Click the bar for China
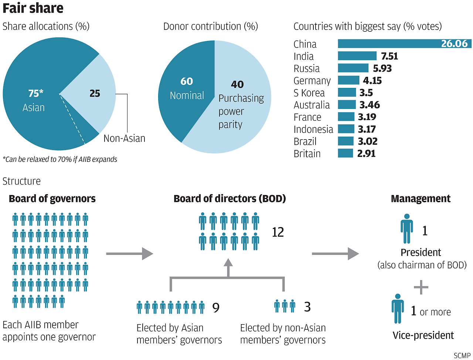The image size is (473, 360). [388, 44]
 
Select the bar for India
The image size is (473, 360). [357, 56]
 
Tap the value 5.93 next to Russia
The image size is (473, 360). [382, 68]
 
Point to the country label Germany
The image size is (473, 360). [312, 80]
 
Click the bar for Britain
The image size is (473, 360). [345, 153]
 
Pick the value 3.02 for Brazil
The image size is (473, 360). [367, 141]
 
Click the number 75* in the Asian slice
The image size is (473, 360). [36, 93]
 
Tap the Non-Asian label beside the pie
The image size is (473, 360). [124, 138]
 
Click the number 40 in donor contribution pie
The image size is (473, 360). [237, 85]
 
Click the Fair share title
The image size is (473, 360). [33, 8]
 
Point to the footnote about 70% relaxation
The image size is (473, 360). [60, 160]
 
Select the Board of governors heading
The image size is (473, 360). [52, 199]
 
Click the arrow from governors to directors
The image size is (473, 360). [129, 254]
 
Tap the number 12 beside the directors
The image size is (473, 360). [278, 232]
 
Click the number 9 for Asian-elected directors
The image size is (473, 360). [216, 308]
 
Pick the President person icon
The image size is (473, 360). [406, 229]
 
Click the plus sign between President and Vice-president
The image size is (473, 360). [421, 287]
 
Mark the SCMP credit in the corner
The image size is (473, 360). [462, 356]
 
